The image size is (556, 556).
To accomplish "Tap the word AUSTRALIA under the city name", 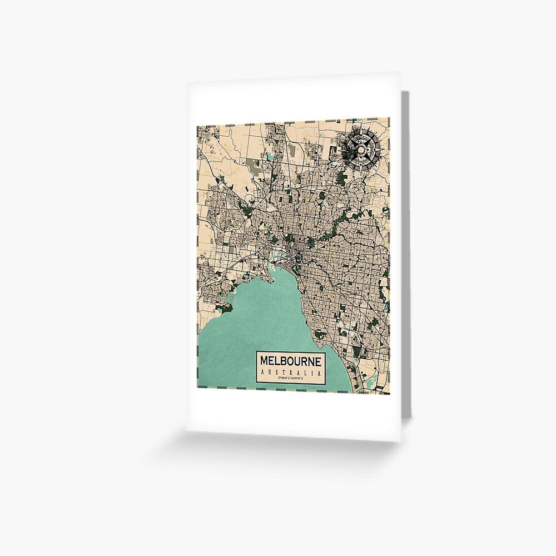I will [290, 371].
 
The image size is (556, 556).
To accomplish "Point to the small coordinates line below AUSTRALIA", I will [290, 378].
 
